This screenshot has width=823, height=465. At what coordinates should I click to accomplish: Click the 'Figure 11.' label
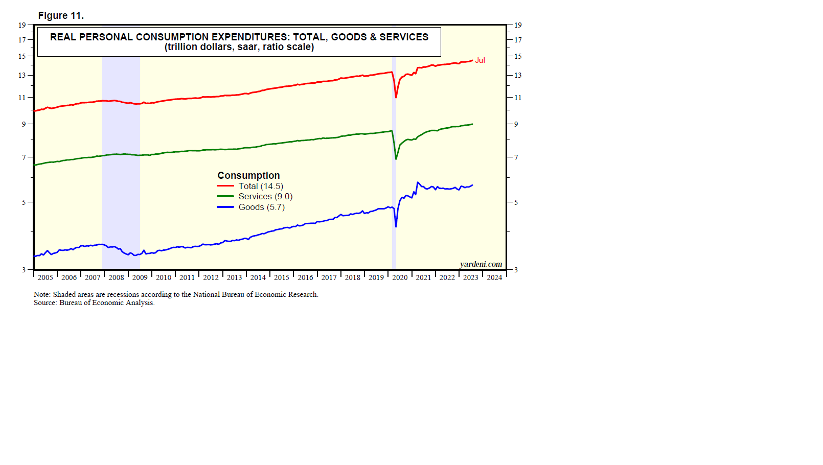point(61,15)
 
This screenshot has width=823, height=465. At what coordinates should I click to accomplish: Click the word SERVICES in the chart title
point(404,37)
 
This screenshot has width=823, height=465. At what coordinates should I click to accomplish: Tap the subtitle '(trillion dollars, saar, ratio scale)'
point(239,47)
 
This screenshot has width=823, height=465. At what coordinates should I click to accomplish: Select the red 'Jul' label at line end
point(480,60)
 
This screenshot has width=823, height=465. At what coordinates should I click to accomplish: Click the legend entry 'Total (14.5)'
point(260,186)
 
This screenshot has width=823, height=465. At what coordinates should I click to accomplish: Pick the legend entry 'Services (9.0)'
point(265,196)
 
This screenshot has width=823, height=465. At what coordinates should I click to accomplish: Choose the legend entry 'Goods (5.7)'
point(261,207)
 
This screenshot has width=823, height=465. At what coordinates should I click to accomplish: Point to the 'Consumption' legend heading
point(248,175)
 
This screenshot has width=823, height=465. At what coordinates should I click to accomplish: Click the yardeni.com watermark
point(481,264)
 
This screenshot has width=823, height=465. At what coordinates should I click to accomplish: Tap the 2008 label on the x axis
point(116,277)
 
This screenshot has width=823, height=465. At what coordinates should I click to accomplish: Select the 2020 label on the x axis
point(400,277)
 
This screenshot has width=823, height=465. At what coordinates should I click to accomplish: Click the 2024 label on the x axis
point(494,277)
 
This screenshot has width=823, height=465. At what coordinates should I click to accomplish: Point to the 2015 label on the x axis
point(282,277)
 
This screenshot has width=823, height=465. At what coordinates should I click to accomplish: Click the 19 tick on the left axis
point(22,25)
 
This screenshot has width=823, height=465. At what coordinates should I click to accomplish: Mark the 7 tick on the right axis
point(516,157)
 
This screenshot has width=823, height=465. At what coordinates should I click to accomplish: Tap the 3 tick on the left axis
point(24,270)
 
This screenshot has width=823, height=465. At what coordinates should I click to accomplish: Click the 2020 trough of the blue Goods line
point(396,226)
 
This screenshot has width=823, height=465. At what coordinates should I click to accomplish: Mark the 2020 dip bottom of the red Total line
point(396,97)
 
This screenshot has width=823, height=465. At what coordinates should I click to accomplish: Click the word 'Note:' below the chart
point(42,294)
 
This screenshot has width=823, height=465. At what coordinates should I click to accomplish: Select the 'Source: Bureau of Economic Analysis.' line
point(94,303)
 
